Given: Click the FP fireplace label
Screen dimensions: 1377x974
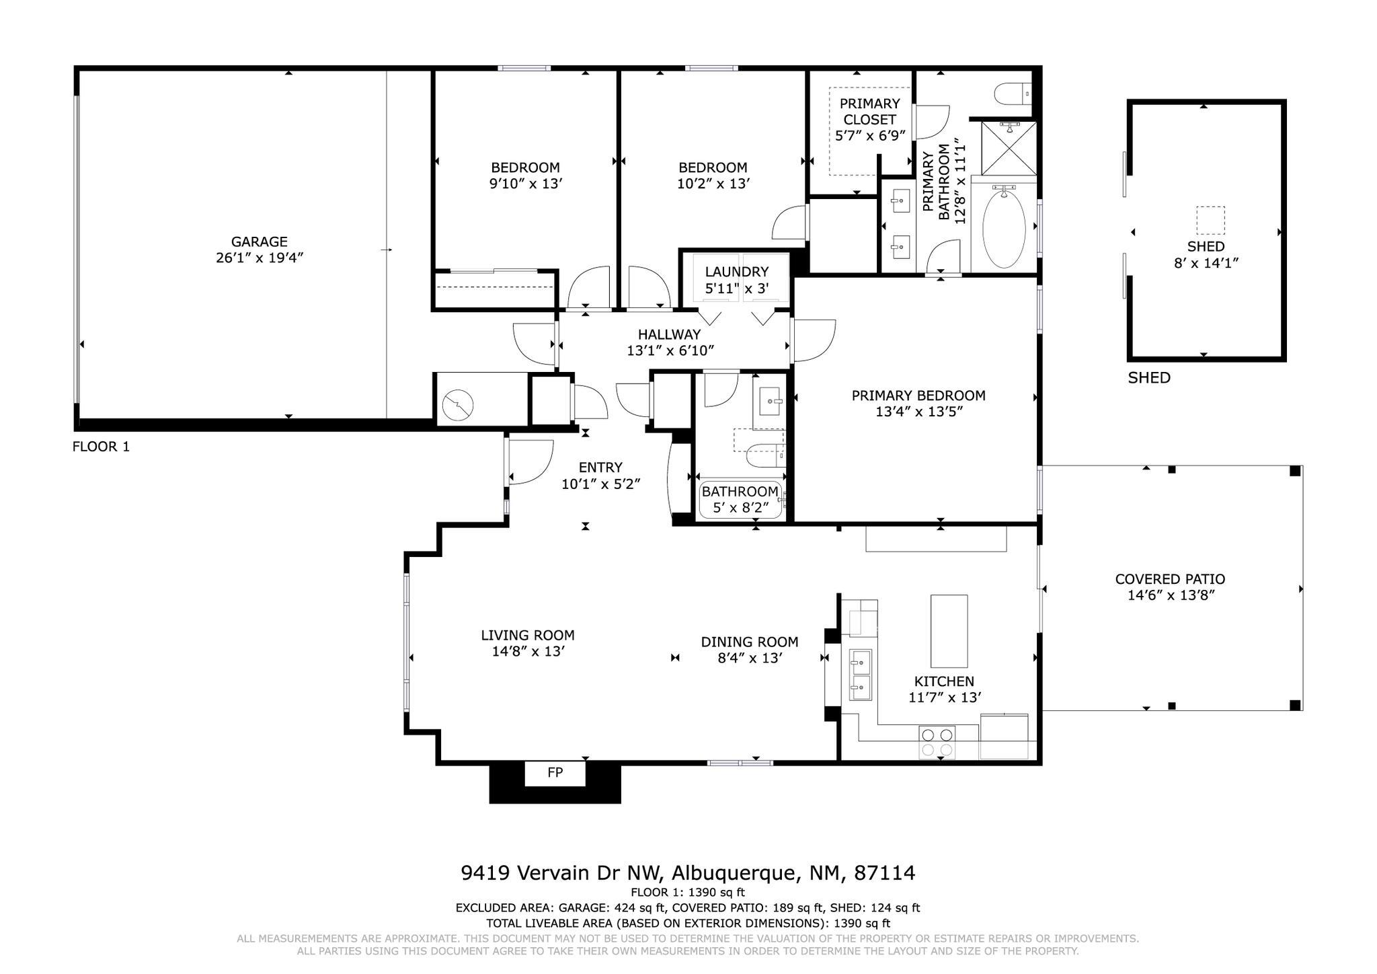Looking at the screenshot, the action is (555, 773).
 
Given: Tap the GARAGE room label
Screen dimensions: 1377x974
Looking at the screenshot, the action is (260, 241).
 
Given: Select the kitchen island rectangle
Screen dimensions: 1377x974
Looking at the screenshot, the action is (949, 631).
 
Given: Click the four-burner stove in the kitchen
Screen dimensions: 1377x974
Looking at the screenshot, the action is (937, 743).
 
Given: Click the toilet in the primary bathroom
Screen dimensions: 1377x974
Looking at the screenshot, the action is (1013, 93).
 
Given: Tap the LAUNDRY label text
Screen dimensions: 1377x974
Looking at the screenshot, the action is (737, 272).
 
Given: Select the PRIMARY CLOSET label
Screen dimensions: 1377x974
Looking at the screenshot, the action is (869, 112).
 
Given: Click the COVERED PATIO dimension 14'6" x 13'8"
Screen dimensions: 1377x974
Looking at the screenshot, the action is (1171, 595).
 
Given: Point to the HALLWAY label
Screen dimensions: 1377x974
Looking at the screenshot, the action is (669, 334).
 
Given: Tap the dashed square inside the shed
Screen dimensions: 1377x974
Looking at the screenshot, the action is (1210, 221).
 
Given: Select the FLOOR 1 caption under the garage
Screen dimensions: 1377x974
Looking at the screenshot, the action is (101, 447).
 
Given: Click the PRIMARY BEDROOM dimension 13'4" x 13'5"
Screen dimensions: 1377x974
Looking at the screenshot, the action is (918, 412).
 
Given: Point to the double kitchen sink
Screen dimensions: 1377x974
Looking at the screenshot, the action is (860, 675).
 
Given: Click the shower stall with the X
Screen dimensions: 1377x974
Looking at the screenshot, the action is (1009, 148).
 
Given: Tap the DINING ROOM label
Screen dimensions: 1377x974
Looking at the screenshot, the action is (750, 642).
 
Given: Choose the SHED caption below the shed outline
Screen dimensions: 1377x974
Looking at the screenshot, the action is (1149, 378).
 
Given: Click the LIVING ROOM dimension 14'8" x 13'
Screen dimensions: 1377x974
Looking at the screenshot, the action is (528, 651).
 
